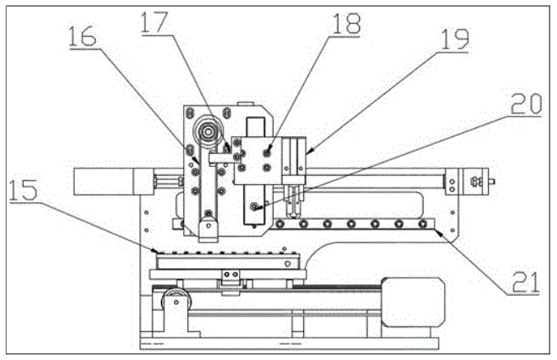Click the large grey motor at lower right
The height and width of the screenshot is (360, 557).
click(415, 302)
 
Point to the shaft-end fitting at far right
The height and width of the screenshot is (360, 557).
click(477, 180)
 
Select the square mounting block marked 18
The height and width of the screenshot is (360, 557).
click(256, 160)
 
